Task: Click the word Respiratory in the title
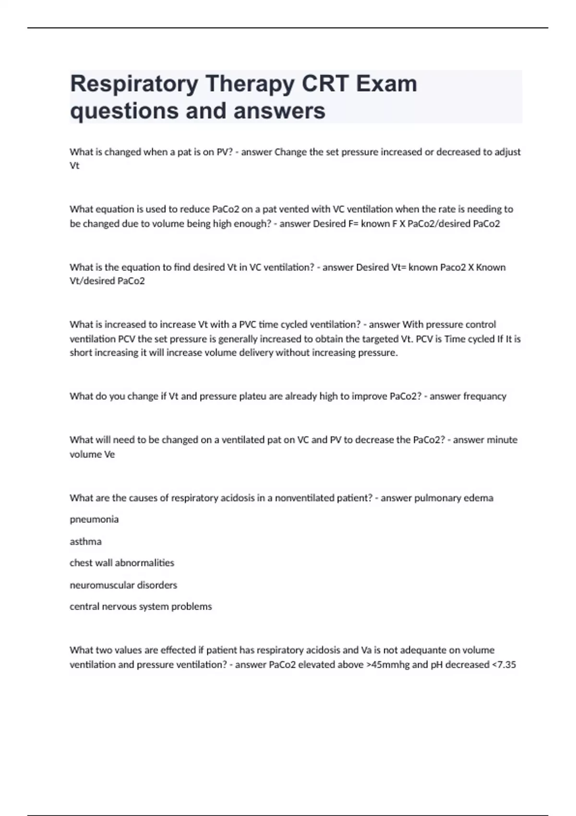click(134, 84)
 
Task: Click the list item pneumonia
click(94, 519)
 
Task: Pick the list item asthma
click(85, 541)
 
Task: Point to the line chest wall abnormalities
click(122, 563)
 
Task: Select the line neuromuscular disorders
click(123, 585)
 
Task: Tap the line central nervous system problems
click(141, 607)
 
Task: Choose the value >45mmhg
click(385, 665)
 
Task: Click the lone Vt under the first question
click(74, 166)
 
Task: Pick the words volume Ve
click(92, 455)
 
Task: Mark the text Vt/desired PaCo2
click(107, 281)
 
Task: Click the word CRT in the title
click(325, 84)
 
